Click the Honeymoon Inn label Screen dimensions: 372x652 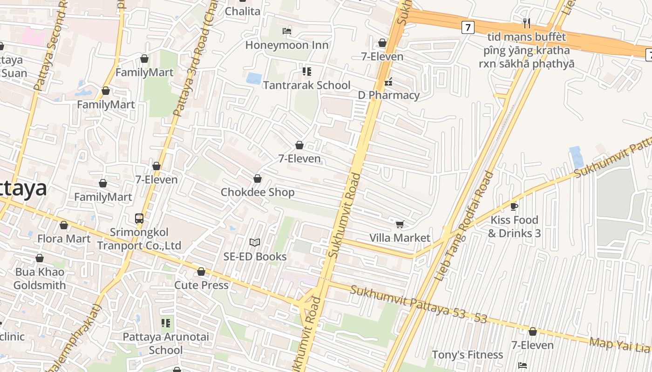point(287,45)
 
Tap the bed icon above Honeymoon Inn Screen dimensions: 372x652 point(287,31)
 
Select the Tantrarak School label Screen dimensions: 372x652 point(306,85)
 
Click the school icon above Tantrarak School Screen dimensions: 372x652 point(306,71)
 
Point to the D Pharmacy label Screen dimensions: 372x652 point(388,95)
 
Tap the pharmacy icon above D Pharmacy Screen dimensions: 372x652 point(388,82)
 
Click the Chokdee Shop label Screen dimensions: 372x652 point(258,192)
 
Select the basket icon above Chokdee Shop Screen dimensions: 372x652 point(258,179)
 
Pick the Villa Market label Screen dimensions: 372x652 point(400,238)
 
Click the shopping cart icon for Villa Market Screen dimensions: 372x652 point(400,225)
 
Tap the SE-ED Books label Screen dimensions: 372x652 point(255,256)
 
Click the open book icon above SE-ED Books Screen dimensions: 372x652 point(255,242)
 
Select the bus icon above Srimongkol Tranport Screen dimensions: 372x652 point(139,218)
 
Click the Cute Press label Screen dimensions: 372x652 point(201,285)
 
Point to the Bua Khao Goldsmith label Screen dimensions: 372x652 point(40,279)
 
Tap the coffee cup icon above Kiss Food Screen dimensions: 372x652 point(514,206)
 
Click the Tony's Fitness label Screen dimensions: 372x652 point(467,355)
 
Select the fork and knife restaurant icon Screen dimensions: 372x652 point(527,23)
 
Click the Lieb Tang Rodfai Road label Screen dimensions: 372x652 point(464,226)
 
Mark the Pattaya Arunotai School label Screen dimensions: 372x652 point(166,343)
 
